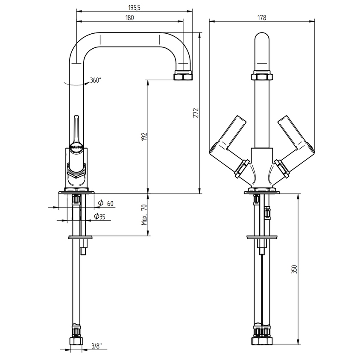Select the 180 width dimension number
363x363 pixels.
pyautogui.click(x=130, y=18)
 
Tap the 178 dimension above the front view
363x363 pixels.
pyautogui.click(x=262, y=18)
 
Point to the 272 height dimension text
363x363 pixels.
pyautogui.click(x=195, y=113)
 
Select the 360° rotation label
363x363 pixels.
pyautogui.click(x=95, y=80)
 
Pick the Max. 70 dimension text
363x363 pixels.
pyautogui.click(x=144, y=214)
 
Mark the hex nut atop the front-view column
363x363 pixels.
pyautogui.click(x=262, y=77)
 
